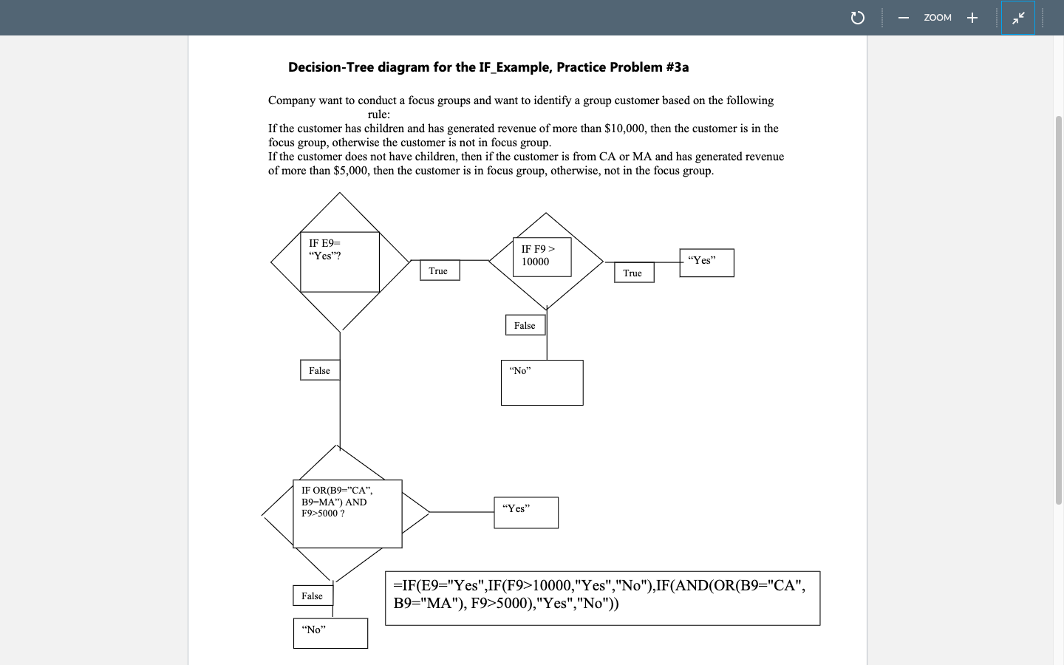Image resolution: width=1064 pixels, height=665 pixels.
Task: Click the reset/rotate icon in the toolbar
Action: [x=857, y=18]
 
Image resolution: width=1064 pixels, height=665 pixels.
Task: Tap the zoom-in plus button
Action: [x=972, y=18]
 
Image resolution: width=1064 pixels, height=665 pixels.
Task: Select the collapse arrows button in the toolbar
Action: [x=1018, y=18]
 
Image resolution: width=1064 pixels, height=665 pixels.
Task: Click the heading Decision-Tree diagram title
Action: [x=488, y=67]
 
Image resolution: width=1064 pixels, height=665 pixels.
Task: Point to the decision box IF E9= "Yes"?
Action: [x=340, y=262]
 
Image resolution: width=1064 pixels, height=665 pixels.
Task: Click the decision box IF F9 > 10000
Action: [x=542, y=256]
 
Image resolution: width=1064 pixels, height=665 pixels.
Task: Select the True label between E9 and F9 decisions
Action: [x=439, y=271]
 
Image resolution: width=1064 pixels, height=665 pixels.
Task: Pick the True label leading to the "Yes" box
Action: [x=633, y=273]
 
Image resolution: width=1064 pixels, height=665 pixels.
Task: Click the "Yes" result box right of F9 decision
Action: [x=706, y=262]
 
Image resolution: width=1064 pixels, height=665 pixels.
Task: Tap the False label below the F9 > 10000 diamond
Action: [x=525, y=325]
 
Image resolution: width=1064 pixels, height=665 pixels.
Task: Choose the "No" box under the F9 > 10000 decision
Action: [x=542, y=382]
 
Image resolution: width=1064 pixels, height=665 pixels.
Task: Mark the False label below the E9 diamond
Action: [x=320, y=370]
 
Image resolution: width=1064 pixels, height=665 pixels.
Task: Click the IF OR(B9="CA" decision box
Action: [x=347, y=514]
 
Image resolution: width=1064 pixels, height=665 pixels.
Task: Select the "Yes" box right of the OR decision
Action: [x=525, y=512]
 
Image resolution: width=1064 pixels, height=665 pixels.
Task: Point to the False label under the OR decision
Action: [x=313, y=596]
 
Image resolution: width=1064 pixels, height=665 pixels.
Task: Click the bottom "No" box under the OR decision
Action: [x=330, y=633]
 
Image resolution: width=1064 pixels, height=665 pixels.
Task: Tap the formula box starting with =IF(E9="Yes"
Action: [x=602, y=598]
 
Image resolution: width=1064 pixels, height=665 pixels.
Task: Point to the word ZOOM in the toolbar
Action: [x=937, y=18]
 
